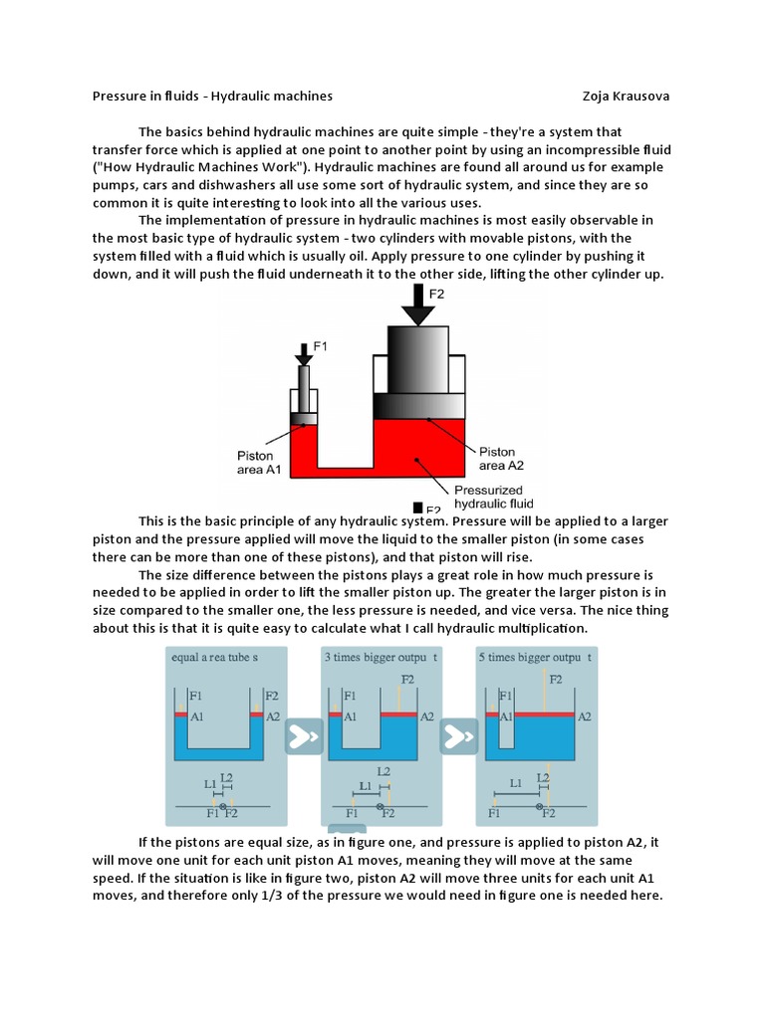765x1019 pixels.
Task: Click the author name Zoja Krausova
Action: pos(626,97)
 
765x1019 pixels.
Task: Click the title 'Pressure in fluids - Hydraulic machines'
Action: pos(212,97)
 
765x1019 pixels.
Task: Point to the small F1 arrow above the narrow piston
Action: pos(303,354)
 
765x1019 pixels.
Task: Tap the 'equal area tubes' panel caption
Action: pos(215,658)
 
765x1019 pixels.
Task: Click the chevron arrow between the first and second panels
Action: pos(304,737)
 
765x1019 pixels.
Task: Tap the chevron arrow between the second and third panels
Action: pos(459,737)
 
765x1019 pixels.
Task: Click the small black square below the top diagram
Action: pos(417,509)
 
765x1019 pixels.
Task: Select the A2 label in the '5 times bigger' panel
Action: pos(585,715)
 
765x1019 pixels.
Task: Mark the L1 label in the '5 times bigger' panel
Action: pos(514,784)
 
